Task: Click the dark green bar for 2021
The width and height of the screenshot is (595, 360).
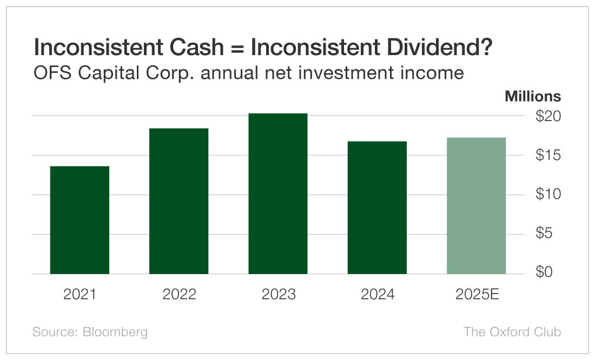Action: pyautogui.click(x=80, y=220)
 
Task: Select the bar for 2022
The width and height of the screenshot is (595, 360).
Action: pyautogui.click(x=178, y=201)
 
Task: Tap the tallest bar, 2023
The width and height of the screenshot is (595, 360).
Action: pyautogui.click(x=278, y=194)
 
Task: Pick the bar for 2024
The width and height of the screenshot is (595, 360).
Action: pyautogui.click(x=377, y=208)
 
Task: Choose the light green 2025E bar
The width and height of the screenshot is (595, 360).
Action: pyautogui.click(x=477, y=206)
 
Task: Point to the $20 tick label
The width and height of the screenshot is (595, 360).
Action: pyautogui.click(x=548, y=116)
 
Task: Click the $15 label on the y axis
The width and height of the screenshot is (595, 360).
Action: pyautogui.click(x=548, y=156)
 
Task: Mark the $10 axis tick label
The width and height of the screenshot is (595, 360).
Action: pyautogui.click(x=548, y=195)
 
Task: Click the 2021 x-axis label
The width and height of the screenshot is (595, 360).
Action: pyautogui.click(x=80, y=295)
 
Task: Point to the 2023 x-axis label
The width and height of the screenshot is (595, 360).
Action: pyautogui.click(x=278, y=295)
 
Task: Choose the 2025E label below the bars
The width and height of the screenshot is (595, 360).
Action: pyautogui.click(x=477, y=295)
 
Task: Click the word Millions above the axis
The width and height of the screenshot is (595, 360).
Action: pyautogui.click(x=533, y=97)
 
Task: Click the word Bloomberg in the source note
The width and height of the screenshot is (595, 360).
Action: pyautogui.click(x=115, y=331)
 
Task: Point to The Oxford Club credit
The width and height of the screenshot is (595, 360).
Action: pyautogui.click(x=512, y=331)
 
